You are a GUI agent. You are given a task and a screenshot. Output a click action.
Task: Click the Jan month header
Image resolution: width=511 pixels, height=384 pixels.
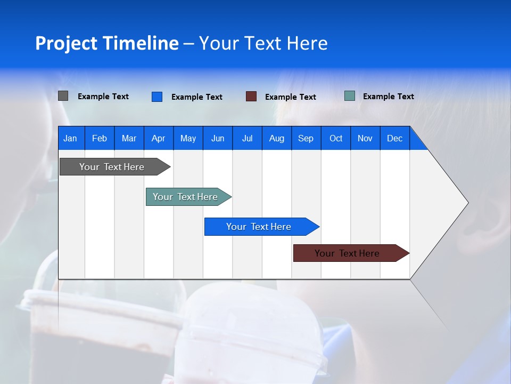71,138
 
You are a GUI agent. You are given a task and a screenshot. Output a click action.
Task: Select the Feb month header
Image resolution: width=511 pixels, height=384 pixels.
100,138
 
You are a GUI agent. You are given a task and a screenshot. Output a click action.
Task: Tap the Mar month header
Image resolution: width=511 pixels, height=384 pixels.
129,138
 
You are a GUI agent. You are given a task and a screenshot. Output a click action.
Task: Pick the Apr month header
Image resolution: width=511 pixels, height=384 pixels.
159,138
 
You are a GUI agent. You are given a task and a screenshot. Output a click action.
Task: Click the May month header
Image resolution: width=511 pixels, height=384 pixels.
188,138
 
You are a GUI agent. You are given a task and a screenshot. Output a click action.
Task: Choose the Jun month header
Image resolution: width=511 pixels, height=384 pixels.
218,138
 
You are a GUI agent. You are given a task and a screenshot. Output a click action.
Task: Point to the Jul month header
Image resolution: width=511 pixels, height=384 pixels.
247,138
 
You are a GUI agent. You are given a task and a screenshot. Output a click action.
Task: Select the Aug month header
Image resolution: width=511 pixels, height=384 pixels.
277,138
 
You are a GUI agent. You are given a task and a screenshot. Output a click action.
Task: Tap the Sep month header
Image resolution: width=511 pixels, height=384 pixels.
306,138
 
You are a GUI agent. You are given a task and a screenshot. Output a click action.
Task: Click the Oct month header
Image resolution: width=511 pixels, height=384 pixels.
336,138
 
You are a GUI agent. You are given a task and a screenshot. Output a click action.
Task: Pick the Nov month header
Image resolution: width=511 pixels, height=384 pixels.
365,138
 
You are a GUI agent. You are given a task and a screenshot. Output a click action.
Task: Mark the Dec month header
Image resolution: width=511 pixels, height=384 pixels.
395,138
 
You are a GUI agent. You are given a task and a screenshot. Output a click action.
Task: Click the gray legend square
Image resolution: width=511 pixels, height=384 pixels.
63,96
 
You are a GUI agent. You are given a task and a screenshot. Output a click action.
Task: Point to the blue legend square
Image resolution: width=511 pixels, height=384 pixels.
157,97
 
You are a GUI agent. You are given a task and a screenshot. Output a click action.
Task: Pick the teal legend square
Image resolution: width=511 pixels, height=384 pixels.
350,96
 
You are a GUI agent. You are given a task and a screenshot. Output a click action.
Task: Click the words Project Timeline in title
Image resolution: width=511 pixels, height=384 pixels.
107,43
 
